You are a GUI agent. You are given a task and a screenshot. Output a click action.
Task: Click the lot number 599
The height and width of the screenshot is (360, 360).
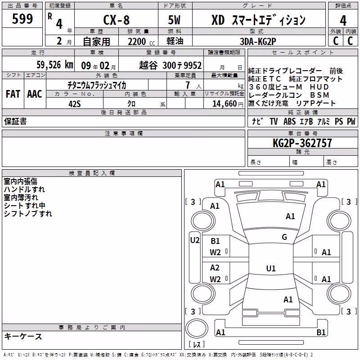click(x=22, y=18)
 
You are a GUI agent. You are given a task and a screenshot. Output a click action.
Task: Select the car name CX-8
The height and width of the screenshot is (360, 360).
click(x=117, y=20)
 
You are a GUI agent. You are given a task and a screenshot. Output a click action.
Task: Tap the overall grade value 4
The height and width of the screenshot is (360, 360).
click(x=343, y=21)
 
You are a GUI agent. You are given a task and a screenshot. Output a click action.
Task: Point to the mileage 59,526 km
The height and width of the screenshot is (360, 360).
click(x=55, y=65)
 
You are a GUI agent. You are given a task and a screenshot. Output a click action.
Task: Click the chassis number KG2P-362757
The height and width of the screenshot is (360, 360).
click(x=302, y=143)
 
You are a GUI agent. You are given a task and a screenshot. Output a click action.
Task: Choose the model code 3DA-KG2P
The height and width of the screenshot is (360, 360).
click(x=258, y=41)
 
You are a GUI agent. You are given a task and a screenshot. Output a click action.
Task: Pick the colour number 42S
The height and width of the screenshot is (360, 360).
click(x=75, y=104)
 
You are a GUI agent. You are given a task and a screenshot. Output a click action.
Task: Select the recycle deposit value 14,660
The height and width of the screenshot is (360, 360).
click(x=225, y=104)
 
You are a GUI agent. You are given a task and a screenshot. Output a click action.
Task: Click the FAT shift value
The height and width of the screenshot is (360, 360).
click(x=13, y=94)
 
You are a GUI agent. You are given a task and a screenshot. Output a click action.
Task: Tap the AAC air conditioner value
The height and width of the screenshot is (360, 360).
click(x=35, y=94)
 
